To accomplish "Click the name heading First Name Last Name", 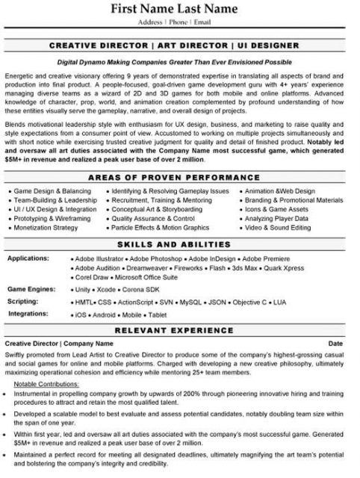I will point(179,10).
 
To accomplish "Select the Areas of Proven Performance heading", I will point(179,179).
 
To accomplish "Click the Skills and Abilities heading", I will point(179,245).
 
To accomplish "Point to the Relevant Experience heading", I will point(179,330).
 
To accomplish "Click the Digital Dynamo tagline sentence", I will point(179,64).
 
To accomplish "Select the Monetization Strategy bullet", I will point(46,227).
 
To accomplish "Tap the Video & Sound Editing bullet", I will point(277,227).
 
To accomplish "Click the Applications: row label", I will point(29,258).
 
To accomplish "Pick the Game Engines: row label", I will point(31,287).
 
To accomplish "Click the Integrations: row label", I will point(28,314).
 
